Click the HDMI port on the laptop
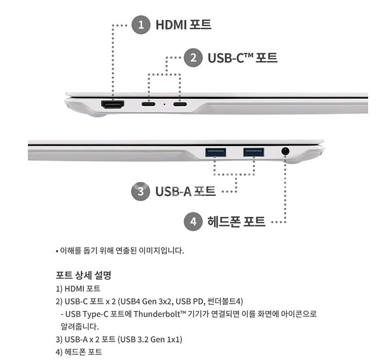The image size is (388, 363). click(x=113, y=104)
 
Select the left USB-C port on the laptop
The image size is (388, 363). click(x=149, y=104)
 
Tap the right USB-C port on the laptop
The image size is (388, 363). click(x=180, y=104)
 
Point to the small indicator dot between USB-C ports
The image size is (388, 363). click(x=164, y=104)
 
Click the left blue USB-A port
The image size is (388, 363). click(x=216, y=152)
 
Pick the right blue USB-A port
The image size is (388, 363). click(x=254, y=152)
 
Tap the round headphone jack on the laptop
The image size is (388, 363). click(x=285, y=151)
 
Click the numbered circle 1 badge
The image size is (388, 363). click(x=141, y=25)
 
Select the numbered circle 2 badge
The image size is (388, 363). click(x=193, y=58)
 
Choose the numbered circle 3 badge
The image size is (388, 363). click(x=141, y=191)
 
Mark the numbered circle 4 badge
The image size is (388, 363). click(x=193, y=221)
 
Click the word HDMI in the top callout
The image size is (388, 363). click(x=171, y=25)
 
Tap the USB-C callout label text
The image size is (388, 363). click(x=242, y=58)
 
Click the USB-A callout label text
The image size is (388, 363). click(x=185, y=191)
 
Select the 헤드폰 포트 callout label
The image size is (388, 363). click(x=237, y=221)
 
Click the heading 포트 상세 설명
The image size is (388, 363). click(x=84, y=275)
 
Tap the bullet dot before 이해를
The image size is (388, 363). click(x=57, y=251)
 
